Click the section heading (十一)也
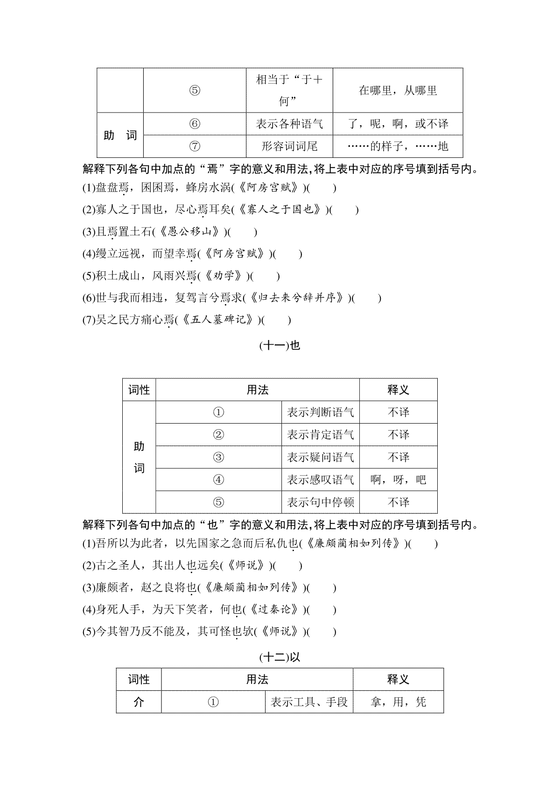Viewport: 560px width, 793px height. tap(280, 346)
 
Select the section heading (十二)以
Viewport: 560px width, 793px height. tap(280, 657)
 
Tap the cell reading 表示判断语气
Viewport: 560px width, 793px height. tap(320, 412)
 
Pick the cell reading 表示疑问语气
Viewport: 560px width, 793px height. tap(320, 457)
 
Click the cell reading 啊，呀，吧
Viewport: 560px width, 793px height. tap(398, 480)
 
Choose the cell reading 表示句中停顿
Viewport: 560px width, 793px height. tap(320, 502)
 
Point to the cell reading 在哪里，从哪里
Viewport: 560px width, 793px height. tap(398, 91)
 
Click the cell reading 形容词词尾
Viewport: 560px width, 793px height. tap(289, 146)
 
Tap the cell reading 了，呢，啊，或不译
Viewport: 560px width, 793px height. tap(398, 124)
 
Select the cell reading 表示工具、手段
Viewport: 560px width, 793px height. tap(309, 702)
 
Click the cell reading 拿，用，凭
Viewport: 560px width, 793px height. tap(398, 702)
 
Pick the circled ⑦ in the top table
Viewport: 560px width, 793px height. tap(195, 146)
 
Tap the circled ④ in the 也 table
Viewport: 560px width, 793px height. tap(218, 480)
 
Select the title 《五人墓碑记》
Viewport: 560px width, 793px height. tap(217, 320)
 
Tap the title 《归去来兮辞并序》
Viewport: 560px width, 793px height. tap(296, 298)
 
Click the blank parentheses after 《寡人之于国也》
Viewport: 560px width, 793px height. tap(343, 210)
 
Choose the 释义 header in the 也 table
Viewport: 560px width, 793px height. tap(398, 390)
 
